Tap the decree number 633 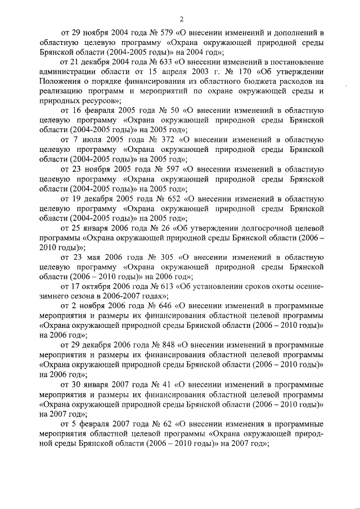(168, 61)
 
